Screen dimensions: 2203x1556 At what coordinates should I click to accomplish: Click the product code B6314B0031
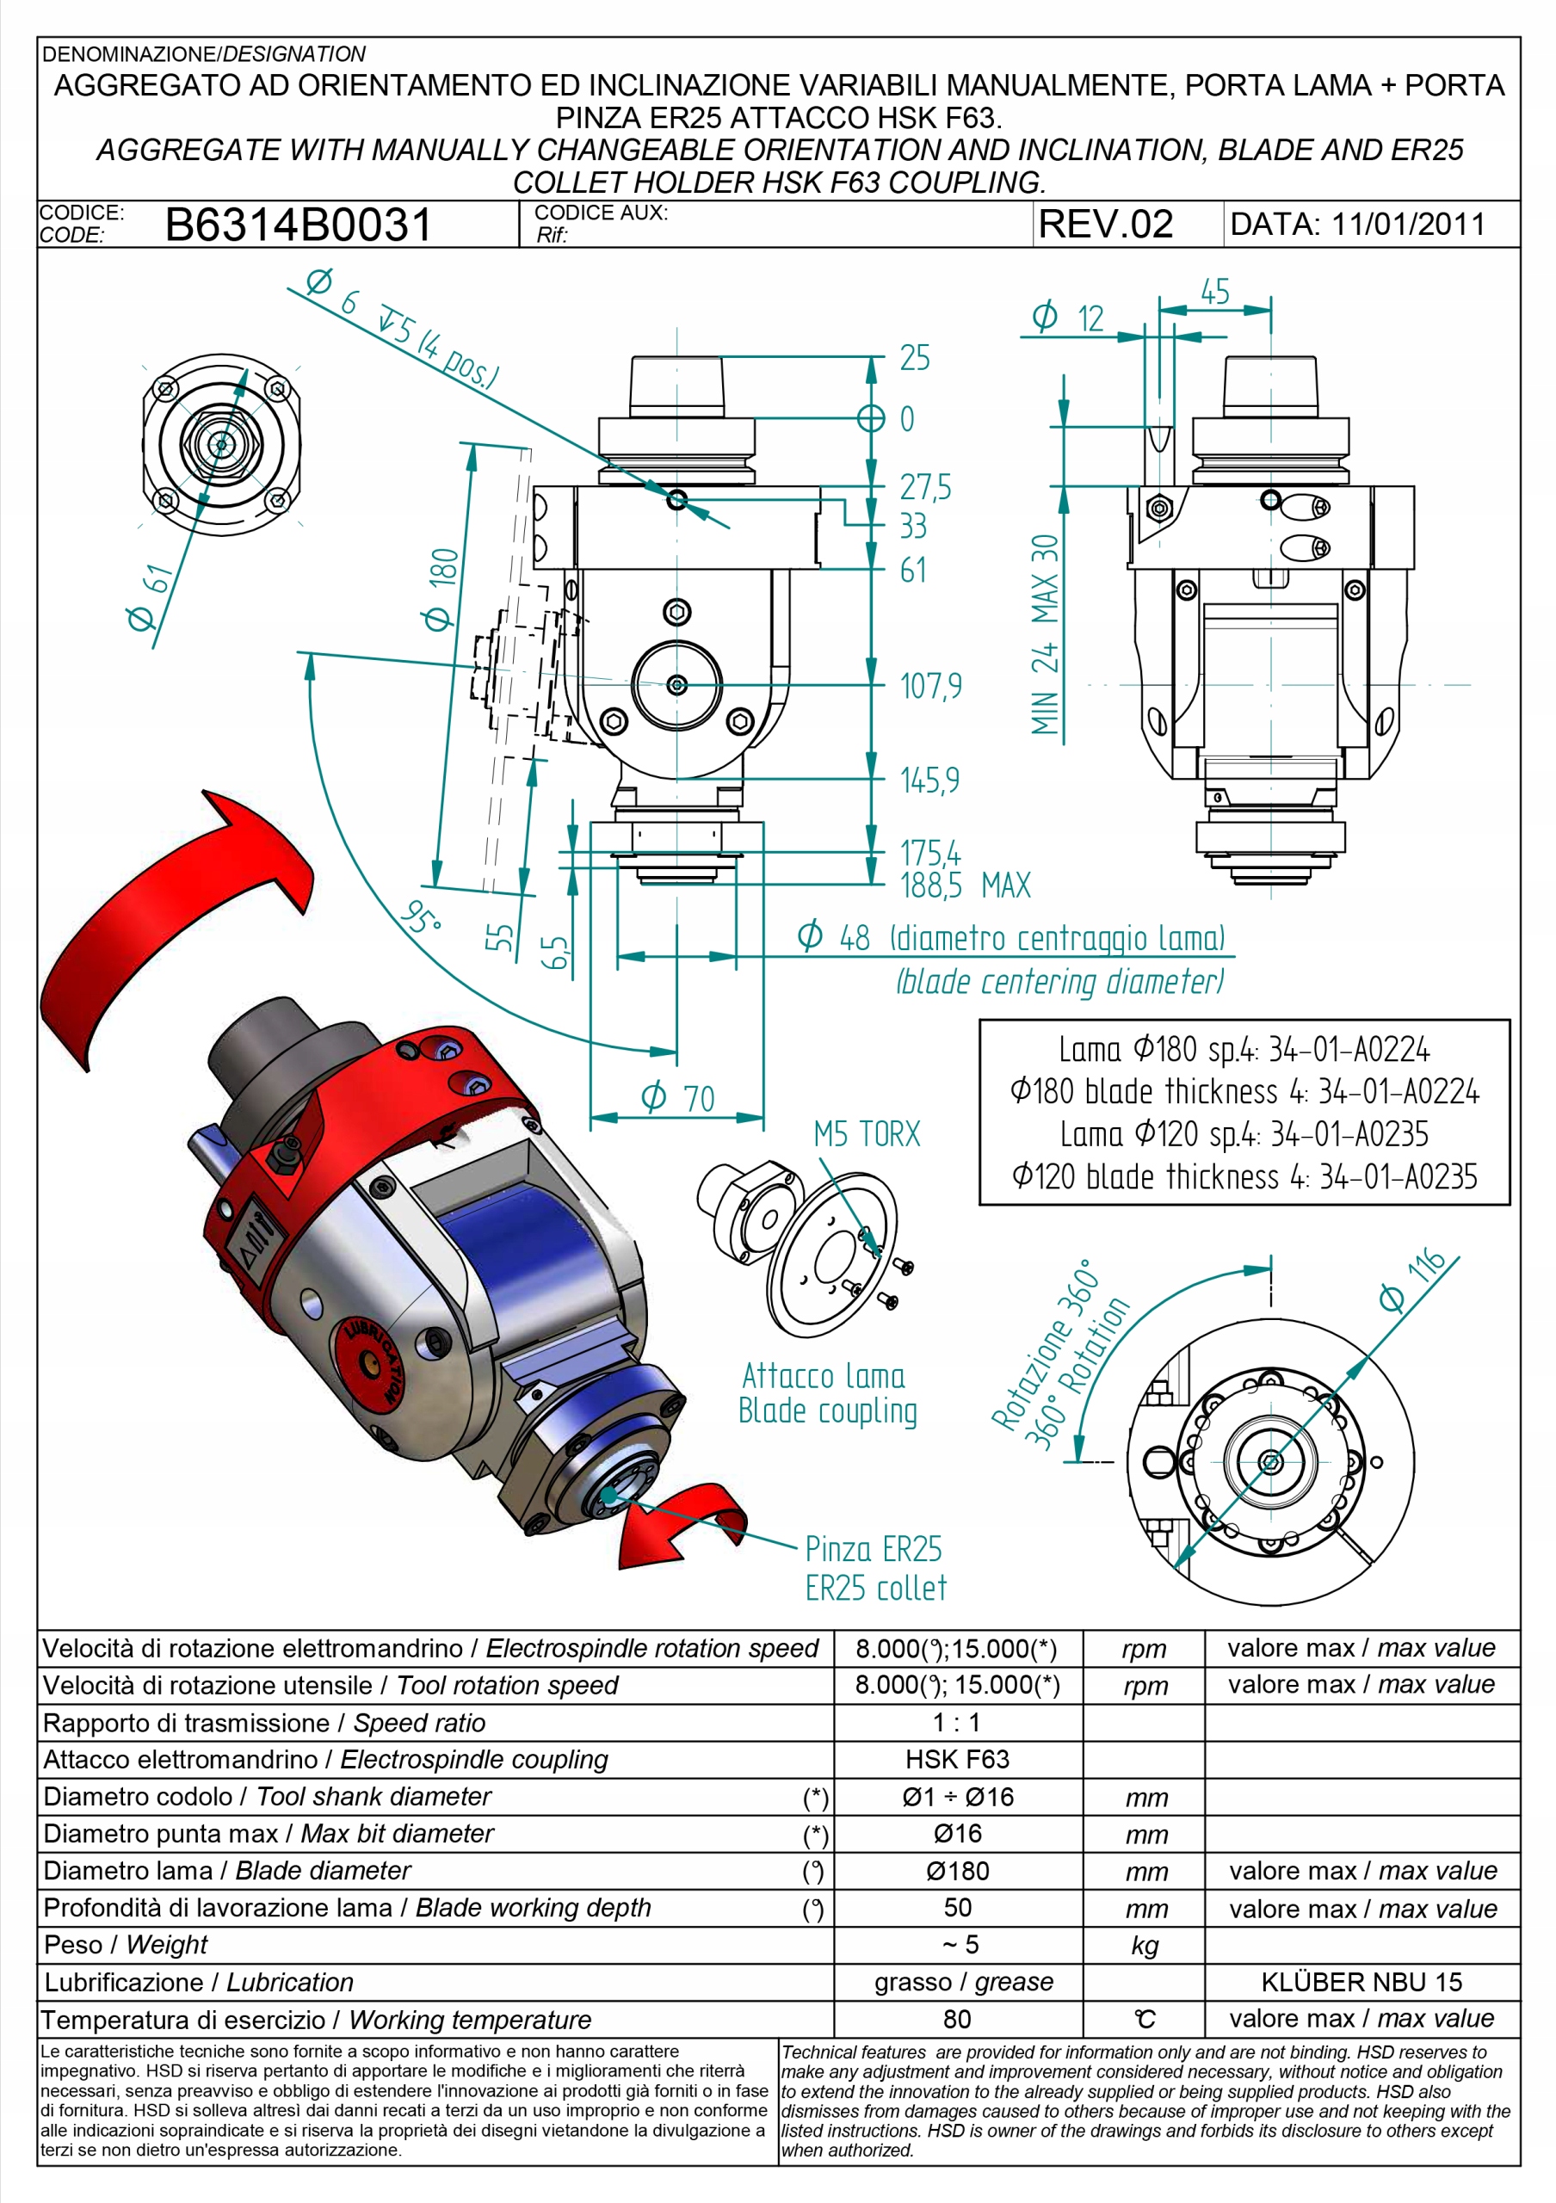pyautogui.click(x=299, y=225)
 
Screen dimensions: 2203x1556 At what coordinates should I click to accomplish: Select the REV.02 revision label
pyautogui.click(x=1105, y=225)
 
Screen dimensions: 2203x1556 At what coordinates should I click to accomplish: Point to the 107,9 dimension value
pyautogui.click(x=929, y=686)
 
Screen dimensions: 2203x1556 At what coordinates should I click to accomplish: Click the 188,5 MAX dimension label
pyautogui.click(x=964, y=885)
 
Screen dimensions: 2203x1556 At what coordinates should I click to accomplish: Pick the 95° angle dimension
pyautogui.click(x=420, y=918)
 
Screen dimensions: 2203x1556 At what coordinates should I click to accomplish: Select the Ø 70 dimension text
pyautogui.click(x=677, y=1096)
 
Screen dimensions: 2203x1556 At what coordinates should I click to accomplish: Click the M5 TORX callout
pyautogui.click(x=867, y=1134)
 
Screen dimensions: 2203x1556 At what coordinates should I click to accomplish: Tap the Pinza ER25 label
pyautogui.click(x=873, y=1549)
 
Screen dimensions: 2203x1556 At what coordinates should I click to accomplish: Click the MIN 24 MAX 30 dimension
pyautogui.click(x=1045, y=634)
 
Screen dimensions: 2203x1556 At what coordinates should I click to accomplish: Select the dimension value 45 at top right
pyautogui.click(x=1214, y=292)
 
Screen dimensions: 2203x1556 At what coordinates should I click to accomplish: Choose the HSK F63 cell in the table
pyautogui.click(x=956, y=1759)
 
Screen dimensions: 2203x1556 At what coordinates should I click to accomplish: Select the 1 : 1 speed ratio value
pyautogui.click(x=956, y=1722)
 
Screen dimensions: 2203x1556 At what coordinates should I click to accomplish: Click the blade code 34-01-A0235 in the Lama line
pyautogui.click(x=1349, y=1134)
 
